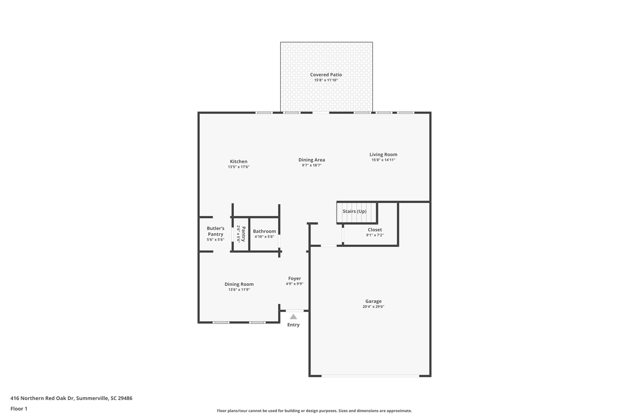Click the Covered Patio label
326,75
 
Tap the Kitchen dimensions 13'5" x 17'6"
239,167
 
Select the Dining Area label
311,160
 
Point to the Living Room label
383,154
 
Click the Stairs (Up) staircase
356,212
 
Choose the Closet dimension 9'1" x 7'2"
375,235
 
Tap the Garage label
373,301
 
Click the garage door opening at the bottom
370,376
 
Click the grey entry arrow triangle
293,317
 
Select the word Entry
293,325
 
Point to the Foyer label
294,278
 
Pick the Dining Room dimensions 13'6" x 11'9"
239,289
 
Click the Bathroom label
264,231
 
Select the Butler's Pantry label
215,231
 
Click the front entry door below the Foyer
295,311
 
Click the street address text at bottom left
71,398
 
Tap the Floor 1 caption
19,409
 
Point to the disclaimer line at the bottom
314,411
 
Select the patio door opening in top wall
321,113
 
